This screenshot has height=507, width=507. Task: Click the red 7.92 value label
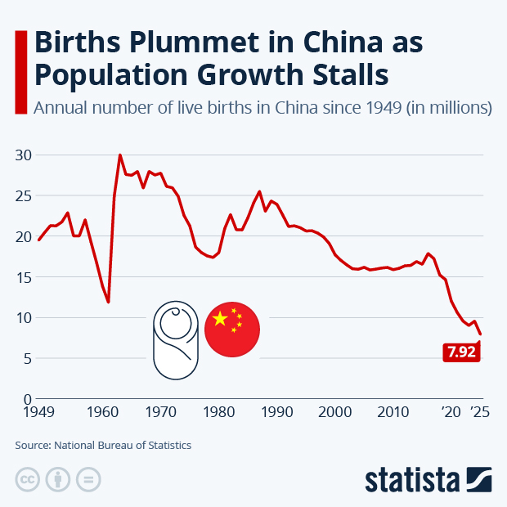coord(460,352)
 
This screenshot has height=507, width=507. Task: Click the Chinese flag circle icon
coord(231,330)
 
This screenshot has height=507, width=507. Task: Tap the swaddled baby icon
coord(175,339)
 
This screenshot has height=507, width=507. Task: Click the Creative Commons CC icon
coord(27,479)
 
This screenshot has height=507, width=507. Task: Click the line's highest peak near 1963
coord(120,155)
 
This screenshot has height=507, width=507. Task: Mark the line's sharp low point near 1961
coord(108,303)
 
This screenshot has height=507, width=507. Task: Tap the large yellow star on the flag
coord(219,319)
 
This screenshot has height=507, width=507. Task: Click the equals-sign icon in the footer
coord(89,479)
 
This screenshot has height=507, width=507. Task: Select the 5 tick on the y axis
coord(27,358)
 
